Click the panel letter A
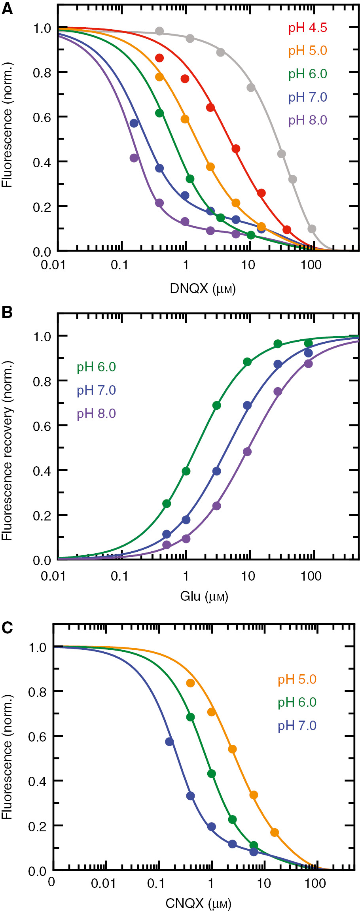click(x=7, y=9)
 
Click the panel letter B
click(x=7, y=312)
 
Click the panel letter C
click(x=7, y=628)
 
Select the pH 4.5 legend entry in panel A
click(x=307, y=28)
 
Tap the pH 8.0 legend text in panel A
click(x=307, y=120)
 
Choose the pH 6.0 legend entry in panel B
click(x=96, y=367)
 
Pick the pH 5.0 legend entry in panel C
click(x=297, y=679)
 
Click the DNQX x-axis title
click(x=203, y=289)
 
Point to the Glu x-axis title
click(x=204, y=596)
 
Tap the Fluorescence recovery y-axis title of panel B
click(x=7, y=451)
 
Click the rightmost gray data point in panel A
click(x=312, y=229)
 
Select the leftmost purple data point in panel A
click(x=134, y=158)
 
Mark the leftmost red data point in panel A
click(x=159, y=58)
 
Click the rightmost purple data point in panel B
click(x=308, y=363)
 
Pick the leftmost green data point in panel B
click(x=167, y=503)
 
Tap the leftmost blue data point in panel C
click(x=169, y=742)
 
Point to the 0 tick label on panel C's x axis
click(x=51, y=882)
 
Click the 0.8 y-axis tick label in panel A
click(x=42, y=73)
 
